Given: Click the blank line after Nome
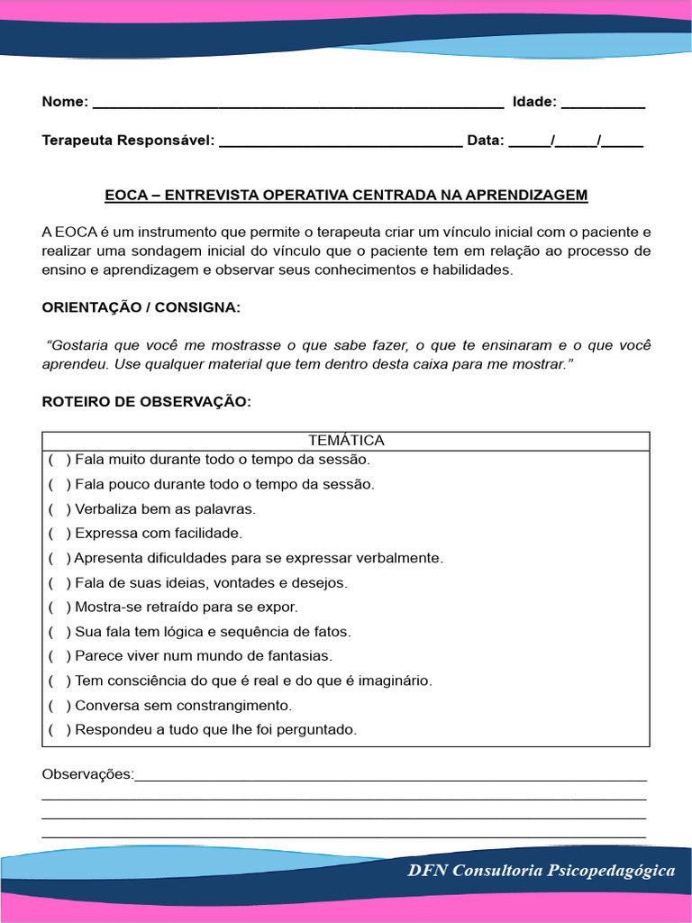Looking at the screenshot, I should [297, 103].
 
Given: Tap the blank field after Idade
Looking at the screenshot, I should [603, 103].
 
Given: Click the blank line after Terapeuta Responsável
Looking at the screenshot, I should [341, 142].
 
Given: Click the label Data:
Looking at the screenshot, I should [486, 141].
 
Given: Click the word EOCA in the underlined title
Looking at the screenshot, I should [123, 195].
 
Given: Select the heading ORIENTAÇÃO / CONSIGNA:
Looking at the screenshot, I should [141, 307].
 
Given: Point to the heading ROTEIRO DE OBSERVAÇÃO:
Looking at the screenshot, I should [147, 402].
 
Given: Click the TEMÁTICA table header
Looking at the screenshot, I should [346, 441].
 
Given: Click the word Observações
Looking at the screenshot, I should [87, 774].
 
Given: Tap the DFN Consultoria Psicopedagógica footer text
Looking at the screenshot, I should [541, 871].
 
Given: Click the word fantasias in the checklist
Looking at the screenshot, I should [301, 656].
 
